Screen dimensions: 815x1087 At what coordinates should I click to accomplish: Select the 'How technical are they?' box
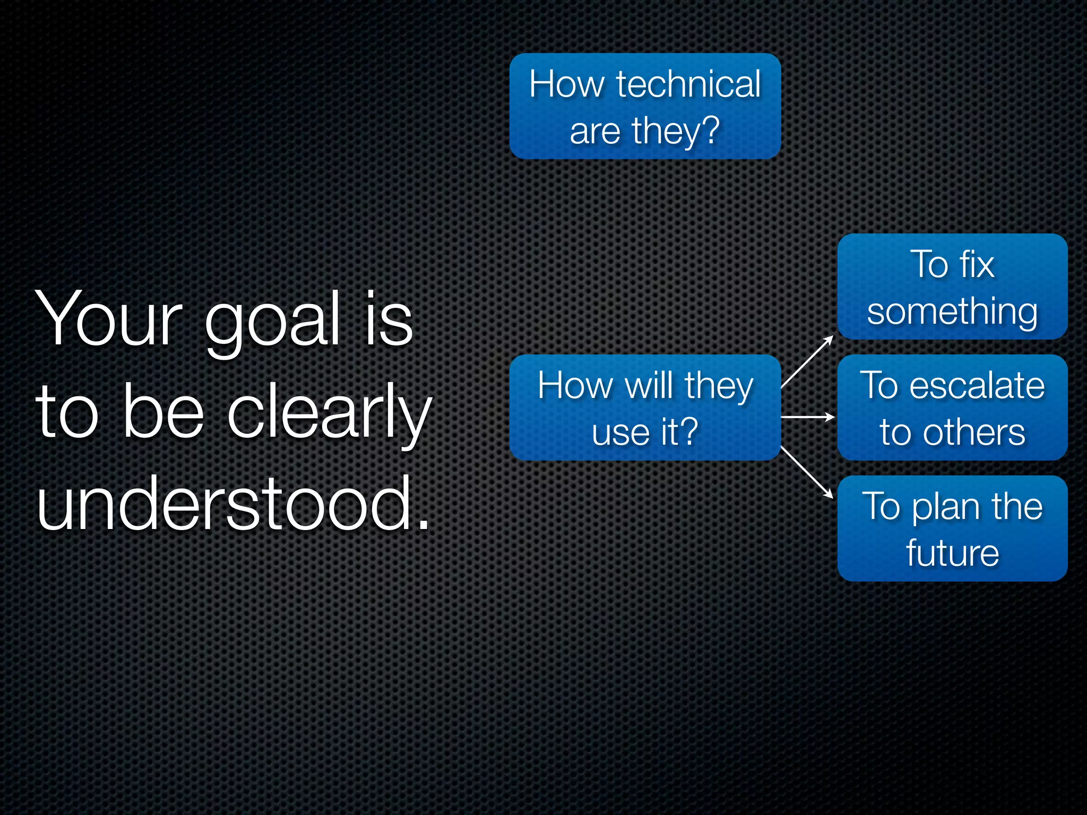tap(645, 106)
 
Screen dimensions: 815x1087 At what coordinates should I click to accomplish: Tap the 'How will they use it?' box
tap(645, 407)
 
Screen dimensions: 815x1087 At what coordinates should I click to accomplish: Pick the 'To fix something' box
tap(952, 287)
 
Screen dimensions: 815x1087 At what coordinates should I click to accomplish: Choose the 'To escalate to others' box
tap(952, 407)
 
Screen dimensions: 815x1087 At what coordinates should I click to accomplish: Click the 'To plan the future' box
tap(952, 528)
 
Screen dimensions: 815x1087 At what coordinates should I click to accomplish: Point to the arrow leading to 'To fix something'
tap(807, 362)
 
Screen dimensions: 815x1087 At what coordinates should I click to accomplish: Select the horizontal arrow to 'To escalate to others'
tap(807, 418)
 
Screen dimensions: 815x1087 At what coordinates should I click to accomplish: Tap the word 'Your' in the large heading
tap(109, 319)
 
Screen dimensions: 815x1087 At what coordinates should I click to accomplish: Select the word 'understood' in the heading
tap(226, 502)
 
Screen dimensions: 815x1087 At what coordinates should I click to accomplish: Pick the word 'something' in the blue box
tap(952, 312)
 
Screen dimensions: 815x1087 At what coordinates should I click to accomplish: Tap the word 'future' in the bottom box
tap(952, 553)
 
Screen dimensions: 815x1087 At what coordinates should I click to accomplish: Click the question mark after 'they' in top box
tap(709, 129)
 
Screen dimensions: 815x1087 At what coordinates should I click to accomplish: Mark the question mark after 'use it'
tap(688, 431)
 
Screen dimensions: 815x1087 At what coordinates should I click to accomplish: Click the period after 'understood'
tap(423, 525)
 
